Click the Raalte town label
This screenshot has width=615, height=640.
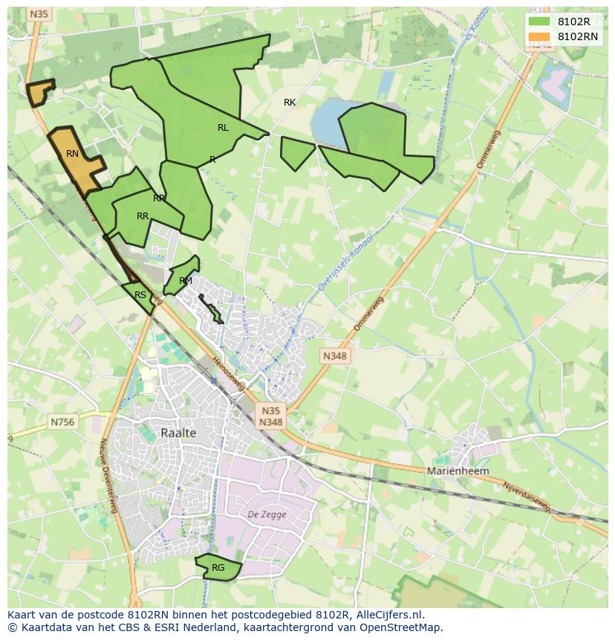click(x=178, y=433)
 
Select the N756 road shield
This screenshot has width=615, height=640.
click(x=62, y=421)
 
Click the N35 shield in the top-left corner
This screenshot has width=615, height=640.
click(x=39, y=14)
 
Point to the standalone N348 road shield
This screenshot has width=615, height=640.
click(x=334, y=356)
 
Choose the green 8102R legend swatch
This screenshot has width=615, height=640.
click(x=539, y=22)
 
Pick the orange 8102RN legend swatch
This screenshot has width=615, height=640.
click(x=539, y=36)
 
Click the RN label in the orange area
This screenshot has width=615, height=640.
click(x=72, y=154)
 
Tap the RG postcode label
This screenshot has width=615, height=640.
click(x=218, y=568)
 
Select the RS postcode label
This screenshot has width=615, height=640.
click(x=140, y=295)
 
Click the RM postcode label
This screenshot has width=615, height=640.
click(x=186, y=281)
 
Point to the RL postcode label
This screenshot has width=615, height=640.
click(x=223, y=128)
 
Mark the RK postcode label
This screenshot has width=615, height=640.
click(x=290, y=103)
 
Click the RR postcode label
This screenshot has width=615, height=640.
click(x=143, y=216)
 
